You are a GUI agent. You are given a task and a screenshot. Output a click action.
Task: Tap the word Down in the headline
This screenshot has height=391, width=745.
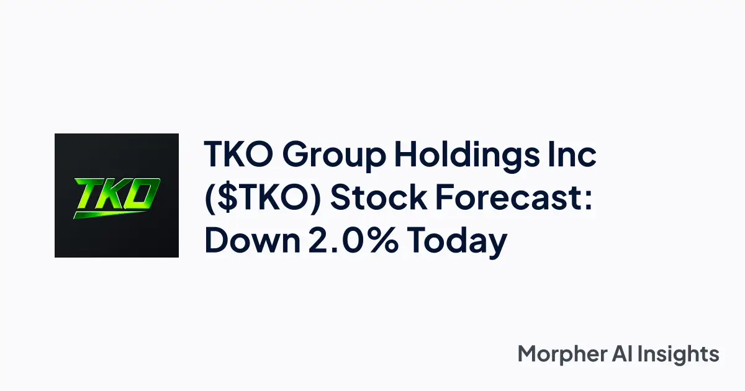point(247,240)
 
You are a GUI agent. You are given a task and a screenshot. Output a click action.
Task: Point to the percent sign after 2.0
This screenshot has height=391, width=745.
point(382,240)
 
